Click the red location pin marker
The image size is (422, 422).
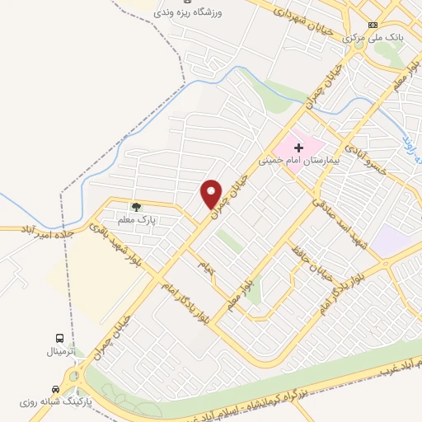tap(212, 194)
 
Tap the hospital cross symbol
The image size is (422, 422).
tap(298, 146)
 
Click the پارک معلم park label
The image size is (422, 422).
tap(135, 220)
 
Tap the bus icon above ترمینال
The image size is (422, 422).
tap(59, 338)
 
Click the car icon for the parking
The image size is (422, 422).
tap(55, 389)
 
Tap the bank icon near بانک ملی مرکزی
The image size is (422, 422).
tap(373, 25)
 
